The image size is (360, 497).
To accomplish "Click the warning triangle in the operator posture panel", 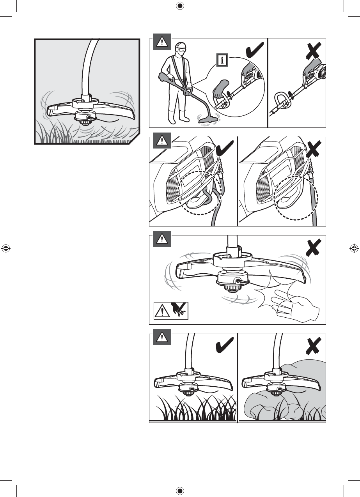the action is [x=162, y=42].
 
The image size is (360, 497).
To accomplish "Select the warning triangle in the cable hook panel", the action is [x=162, y=140].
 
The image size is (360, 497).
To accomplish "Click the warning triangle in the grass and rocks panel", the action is [x=162, y=337].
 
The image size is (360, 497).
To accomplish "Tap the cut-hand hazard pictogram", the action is [x=180, y=310].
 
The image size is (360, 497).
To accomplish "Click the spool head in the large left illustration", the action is [x=85, y=118].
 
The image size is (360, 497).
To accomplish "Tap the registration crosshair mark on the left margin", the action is [x=5, y=248].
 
